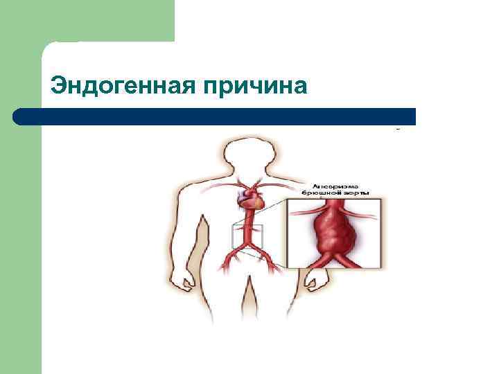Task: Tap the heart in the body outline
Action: click(250, 200)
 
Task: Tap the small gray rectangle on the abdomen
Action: click(247, 236)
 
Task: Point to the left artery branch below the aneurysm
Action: click(309, 260)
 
